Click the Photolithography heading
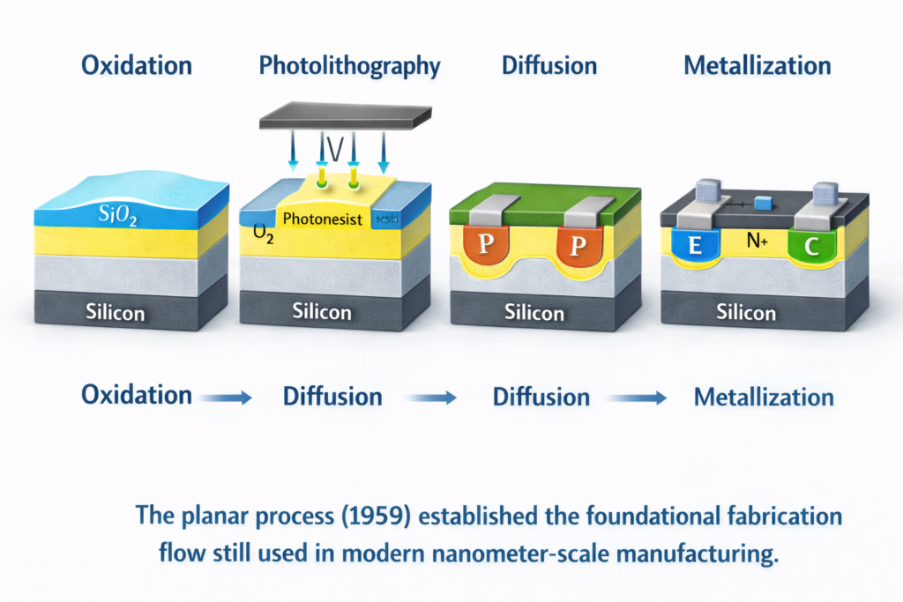[349, 66]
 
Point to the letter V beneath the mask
[334, 151]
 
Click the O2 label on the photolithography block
[262, 234]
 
